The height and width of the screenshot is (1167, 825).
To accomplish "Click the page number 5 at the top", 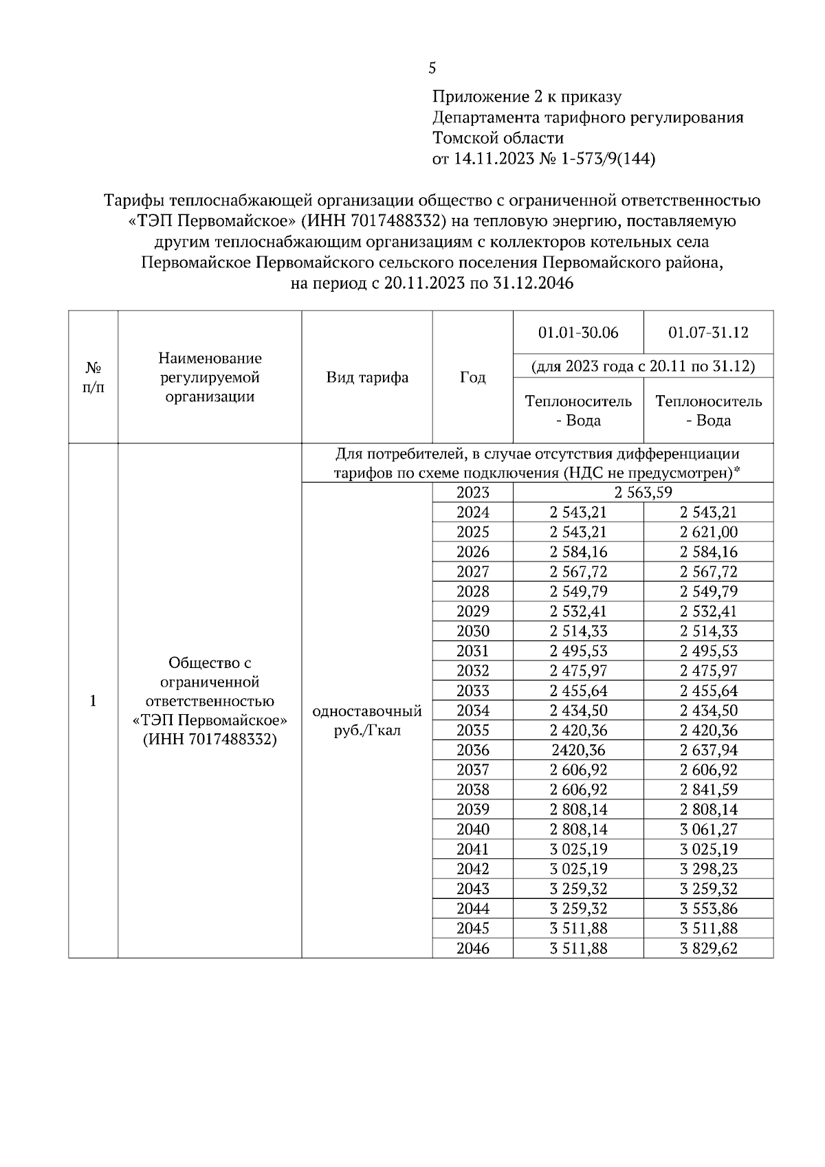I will tap(432, 68).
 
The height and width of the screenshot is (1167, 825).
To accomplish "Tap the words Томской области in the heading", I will tap(498, 138).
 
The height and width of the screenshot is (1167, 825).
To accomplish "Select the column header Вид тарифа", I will tap(367, 377).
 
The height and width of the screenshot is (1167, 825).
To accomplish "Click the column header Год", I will tap(472, 377).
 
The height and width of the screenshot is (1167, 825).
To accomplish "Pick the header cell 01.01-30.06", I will tap(578, 333).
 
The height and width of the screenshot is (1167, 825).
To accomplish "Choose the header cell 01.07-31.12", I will tap(708, 333).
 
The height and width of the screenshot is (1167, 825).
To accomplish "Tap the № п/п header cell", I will tap(93, 377).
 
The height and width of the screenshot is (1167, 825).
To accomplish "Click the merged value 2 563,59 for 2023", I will tap(643, 492).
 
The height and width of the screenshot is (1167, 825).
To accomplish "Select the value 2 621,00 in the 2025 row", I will tap(708, 532).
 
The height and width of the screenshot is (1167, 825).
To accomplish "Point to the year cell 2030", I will tap(472, 631).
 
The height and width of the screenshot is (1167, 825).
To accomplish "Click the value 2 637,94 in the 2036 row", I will tap(708, 750).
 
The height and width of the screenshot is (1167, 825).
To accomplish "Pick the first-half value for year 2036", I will tap(578, 750).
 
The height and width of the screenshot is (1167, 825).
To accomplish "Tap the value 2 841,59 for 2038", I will tap(708, 790).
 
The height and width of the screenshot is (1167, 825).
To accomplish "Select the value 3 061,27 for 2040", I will tap(708, 830).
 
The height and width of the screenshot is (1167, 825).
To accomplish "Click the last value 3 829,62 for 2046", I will tap(708, 948).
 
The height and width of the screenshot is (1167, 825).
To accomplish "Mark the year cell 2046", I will tap(472, 948).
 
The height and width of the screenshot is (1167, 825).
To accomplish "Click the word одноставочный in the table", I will tap(367, 711).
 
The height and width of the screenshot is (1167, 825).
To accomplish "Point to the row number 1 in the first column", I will tap(93, 701).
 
